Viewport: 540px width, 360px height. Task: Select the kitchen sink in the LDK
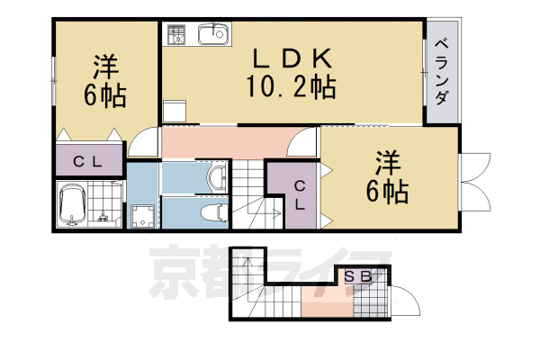213,35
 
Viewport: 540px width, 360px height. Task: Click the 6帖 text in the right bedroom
389,191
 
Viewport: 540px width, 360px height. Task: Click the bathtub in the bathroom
72,206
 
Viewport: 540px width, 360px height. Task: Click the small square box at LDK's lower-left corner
173,112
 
